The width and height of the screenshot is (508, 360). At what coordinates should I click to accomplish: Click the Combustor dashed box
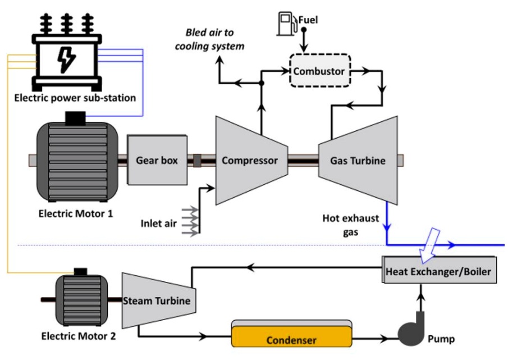319,71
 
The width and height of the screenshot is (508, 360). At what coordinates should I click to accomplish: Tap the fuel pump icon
286,23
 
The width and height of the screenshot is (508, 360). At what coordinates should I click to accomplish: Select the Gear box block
157,160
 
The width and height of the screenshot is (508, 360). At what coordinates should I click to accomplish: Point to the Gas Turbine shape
357,161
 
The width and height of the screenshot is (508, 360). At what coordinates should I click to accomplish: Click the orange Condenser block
291,339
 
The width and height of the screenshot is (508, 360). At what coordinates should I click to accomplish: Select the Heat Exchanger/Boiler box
438,272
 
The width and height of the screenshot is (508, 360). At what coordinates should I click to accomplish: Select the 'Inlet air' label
158,224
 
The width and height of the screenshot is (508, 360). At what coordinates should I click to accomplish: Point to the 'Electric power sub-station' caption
75,98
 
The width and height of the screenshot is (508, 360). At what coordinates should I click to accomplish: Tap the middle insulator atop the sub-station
67,22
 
